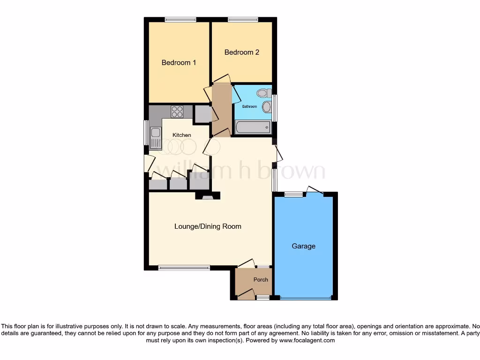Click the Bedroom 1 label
179,62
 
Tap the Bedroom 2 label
241,52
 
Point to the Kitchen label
182,135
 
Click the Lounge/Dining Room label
208,226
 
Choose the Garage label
303,246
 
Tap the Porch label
261,280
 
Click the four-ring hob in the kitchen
177,112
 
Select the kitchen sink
155,135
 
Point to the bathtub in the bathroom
253,127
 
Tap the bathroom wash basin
267,107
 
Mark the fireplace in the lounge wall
207,197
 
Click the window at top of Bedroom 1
180,20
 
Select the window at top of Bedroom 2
242,20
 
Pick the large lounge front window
184,268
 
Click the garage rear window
293,194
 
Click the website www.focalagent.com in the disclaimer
307,341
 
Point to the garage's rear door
315,191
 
